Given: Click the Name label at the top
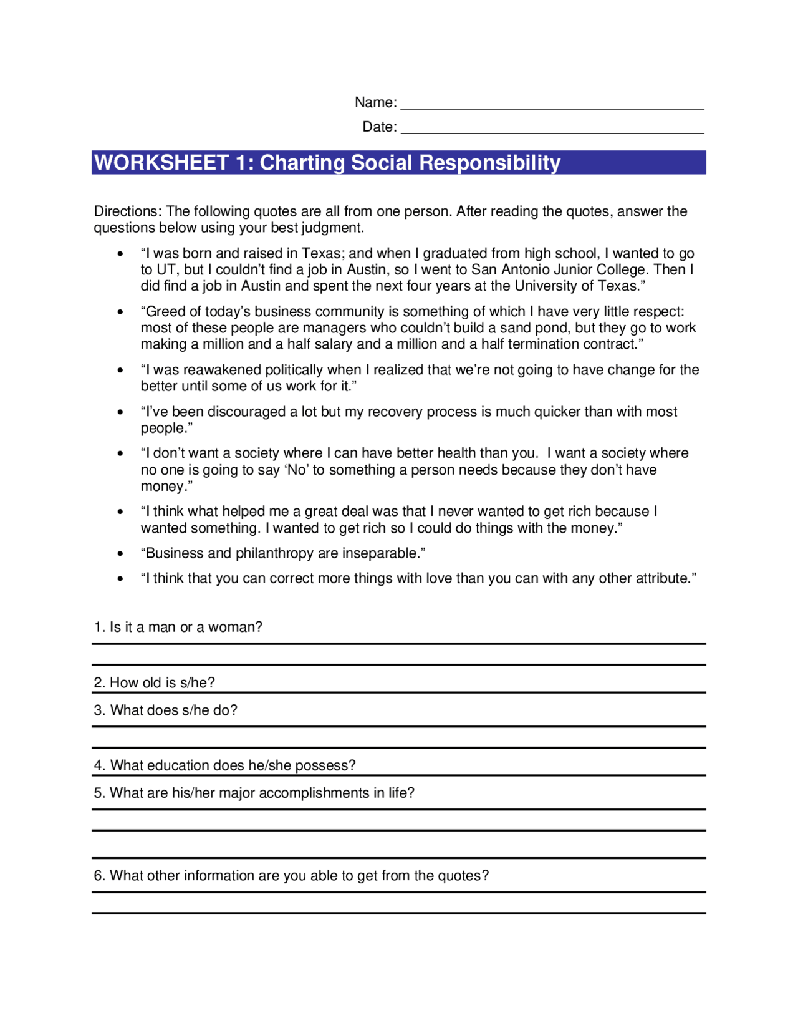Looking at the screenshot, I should click(375, 102).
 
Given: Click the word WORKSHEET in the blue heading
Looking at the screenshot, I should click(162, 163).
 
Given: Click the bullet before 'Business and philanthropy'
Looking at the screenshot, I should click(120, 554).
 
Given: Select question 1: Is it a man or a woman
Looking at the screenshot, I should click(178, 628).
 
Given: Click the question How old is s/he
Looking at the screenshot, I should click(155, 683).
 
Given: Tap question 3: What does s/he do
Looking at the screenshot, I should click(166, 710).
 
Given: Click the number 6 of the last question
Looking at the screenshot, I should click(98, 876).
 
